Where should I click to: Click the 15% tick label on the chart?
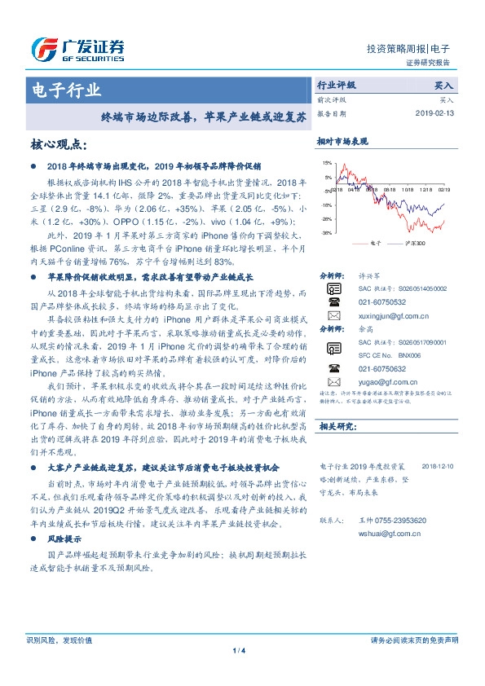[x=327, y=163]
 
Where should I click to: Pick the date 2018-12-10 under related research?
[x=438, y=467]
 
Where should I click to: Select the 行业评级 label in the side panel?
[x=336, y=85]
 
